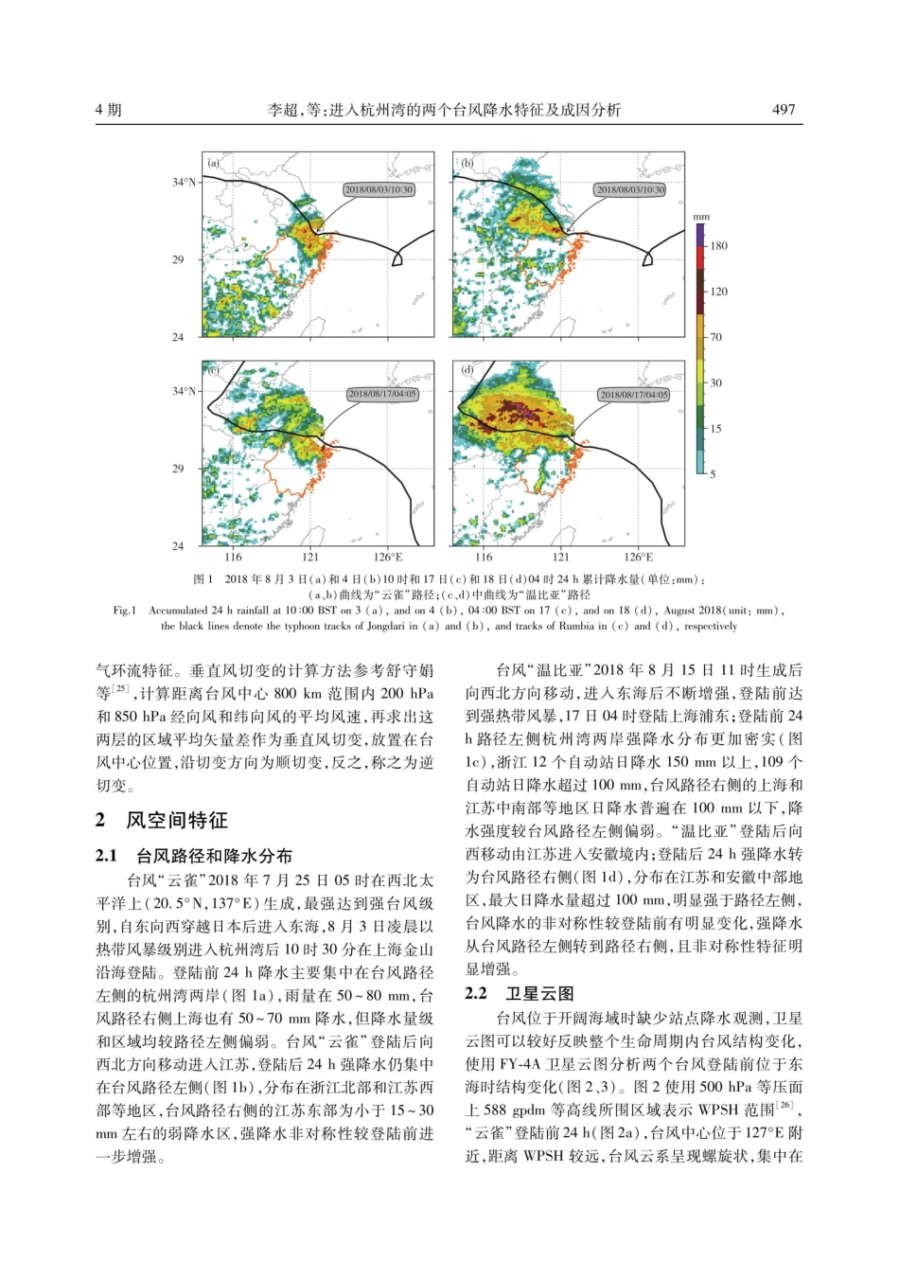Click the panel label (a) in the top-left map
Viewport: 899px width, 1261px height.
(214, 163)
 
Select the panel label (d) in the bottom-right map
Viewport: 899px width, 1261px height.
(467, 370)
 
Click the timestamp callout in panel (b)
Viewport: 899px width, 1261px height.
(630, 189)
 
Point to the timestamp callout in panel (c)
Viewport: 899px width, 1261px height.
(381, 394)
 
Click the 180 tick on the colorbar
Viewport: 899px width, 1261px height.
(718, 246)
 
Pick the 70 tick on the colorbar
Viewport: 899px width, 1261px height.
(715, 337)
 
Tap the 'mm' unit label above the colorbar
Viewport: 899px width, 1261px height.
(700, 217)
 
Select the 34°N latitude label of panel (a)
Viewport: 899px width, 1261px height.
(185, 182)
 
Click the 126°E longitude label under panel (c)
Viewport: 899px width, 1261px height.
(388, 558)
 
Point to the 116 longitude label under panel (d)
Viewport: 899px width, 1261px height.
(484, 558)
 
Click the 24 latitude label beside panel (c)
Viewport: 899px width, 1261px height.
(178, 546)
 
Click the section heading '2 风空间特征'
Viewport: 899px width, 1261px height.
(162, 820)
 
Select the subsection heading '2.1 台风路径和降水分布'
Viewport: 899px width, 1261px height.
(194, 856)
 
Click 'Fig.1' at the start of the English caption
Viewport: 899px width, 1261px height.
(125, 611)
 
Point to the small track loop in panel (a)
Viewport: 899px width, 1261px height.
(397, 257)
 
